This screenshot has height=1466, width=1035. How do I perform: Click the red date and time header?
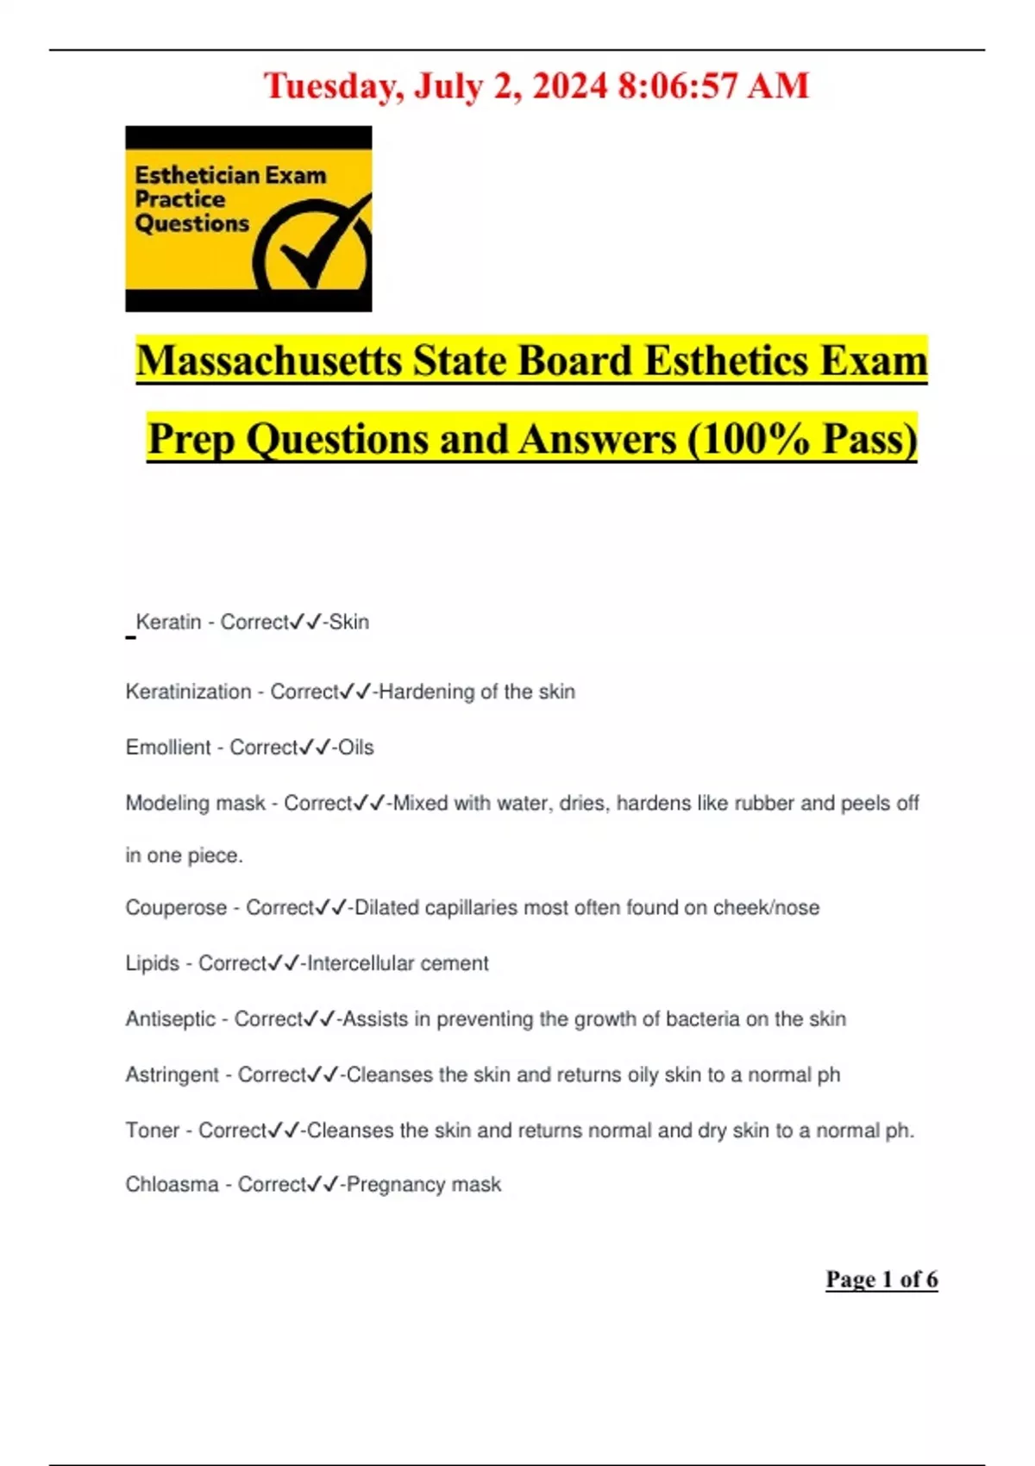pyautogui.click(x=536, y=86)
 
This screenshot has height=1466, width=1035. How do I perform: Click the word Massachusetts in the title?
pyautogui.click(x=268, y=360)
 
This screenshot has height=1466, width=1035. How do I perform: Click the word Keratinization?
pyautogui.click(x=188, y=692)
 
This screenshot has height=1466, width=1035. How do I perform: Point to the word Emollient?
pyautogui.click(x=167, y=747)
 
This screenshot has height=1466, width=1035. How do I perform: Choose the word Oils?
pyautogui.click(x=355, y=747)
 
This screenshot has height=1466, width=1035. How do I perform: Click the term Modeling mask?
pyautogui.click(x=195, y=803)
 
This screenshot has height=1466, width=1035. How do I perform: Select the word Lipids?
pyautogui.click(x=152, y=963)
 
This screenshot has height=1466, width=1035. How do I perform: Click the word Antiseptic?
pyautogui.click(x=170, y=1018)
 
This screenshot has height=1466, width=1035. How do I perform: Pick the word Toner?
pyautogui.click(x=152, y=1130)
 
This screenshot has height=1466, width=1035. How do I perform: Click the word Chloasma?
pyautogui.click(x=172, y=1184)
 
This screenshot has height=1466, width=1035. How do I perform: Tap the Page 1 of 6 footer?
pyautogui.click(x=881, y=1279)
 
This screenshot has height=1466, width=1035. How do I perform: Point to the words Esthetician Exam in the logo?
pyautogui.click(x=230, y=175)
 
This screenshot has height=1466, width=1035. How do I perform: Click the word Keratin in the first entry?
pyautogui.click(x=168, y=622)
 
